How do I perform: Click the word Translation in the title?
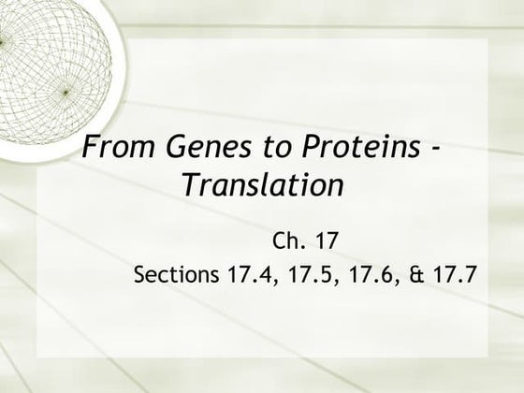tap(259, 185)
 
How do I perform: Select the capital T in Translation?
tap(190, 185)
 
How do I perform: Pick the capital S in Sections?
tap(141, 276)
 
